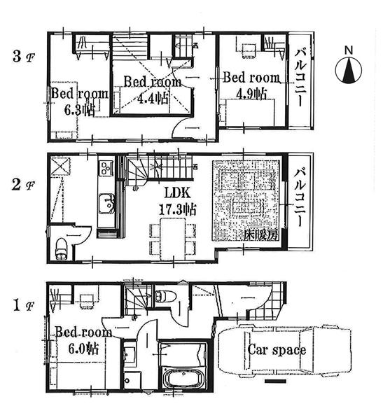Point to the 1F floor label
point(21,307)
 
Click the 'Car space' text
point(276,349)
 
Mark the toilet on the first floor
point(164,296)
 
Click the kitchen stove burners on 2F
point(107,168)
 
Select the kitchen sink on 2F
point(108,204)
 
